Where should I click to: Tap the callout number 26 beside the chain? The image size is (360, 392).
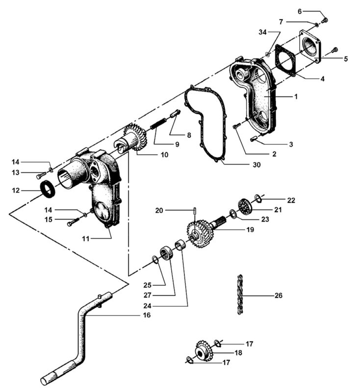point(279,296)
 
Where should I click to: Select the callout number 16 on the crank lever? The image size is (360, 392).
point(146,315)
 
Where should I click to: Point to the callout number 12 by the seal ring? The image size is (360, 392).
point(17,190)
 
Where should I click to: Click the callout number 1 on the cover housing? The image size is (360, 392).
point(296,97)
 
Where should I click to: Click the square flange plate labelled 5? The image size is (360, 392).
point(309,45)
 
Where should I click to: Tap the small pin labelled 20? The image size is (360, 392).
point(196,212)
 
